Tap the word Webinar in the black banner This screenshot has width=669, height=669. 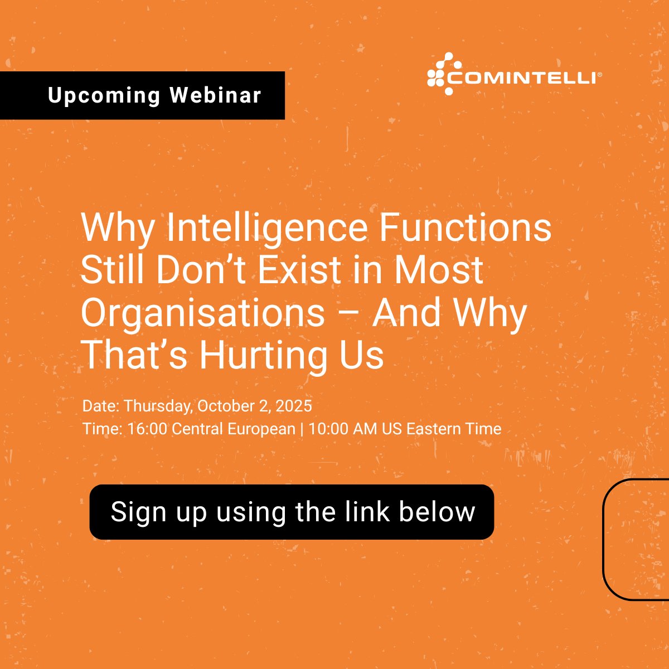click(x=215, y=95)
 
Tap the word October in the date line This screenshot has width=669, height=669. click(x=225, y=406)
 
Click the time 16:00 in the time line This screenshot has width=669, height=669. click(x=147, y=429)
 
